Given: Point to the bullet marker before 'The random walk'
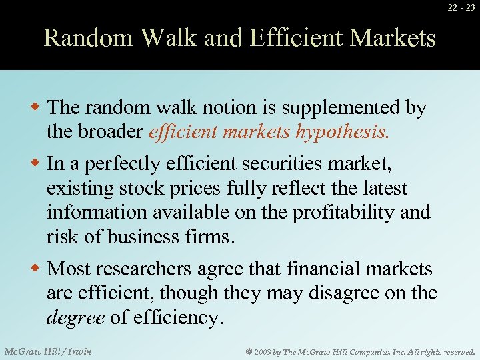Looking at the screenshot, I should tap(38, 107).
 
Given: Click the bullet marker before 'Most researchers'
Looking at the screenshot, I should tap(38, 269).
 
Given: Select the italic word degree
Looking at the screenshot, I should tap(75, 317).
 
